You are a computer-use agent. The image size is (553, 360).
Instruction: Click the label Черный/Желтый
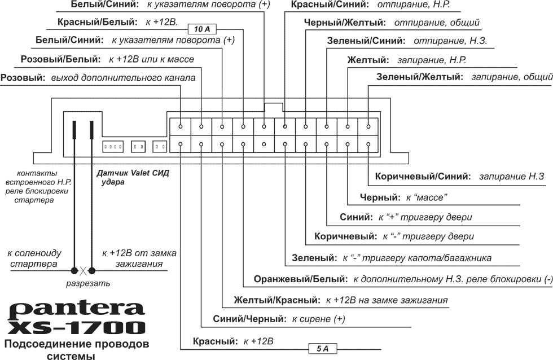(345, 23)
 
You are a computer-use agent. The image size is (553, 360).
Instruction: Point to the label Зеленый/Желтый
(419, 77)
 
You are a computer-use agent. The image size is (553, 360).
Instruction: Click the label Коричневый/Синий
(423, 177)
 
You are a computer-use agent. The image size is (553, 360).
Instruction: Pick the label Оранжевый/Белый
(301, 279)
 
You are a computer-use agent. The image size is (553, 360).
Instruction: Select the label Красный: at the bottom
(213, 341)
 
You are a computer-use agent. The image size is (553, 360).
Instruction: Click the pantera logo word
(76, 309)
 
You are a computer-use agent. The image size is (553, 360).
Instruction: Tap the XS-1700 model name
(76, 327)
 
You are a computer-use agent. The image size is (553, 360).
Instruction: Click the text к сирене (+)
(318, 319)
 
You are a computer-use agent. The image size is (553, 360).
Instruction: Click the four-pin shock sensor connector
(113, 147)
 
